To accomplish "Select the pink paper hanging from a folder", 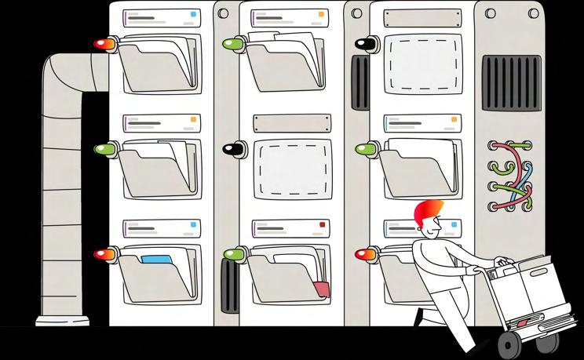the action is (321, 288).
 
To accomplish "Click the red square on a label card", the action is (322, 226).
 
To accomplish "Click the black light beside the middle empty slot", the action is (232, 149).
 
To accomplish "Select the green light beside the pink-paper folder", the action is (234, 253).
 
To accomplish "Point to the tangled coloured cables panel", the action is (511, 175).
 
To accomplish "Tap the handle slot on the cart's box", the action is (540, 273).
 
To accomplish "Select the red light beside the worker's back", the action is (366, 253).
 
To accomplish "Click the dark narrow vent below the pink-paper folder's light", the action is (229, 287).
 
